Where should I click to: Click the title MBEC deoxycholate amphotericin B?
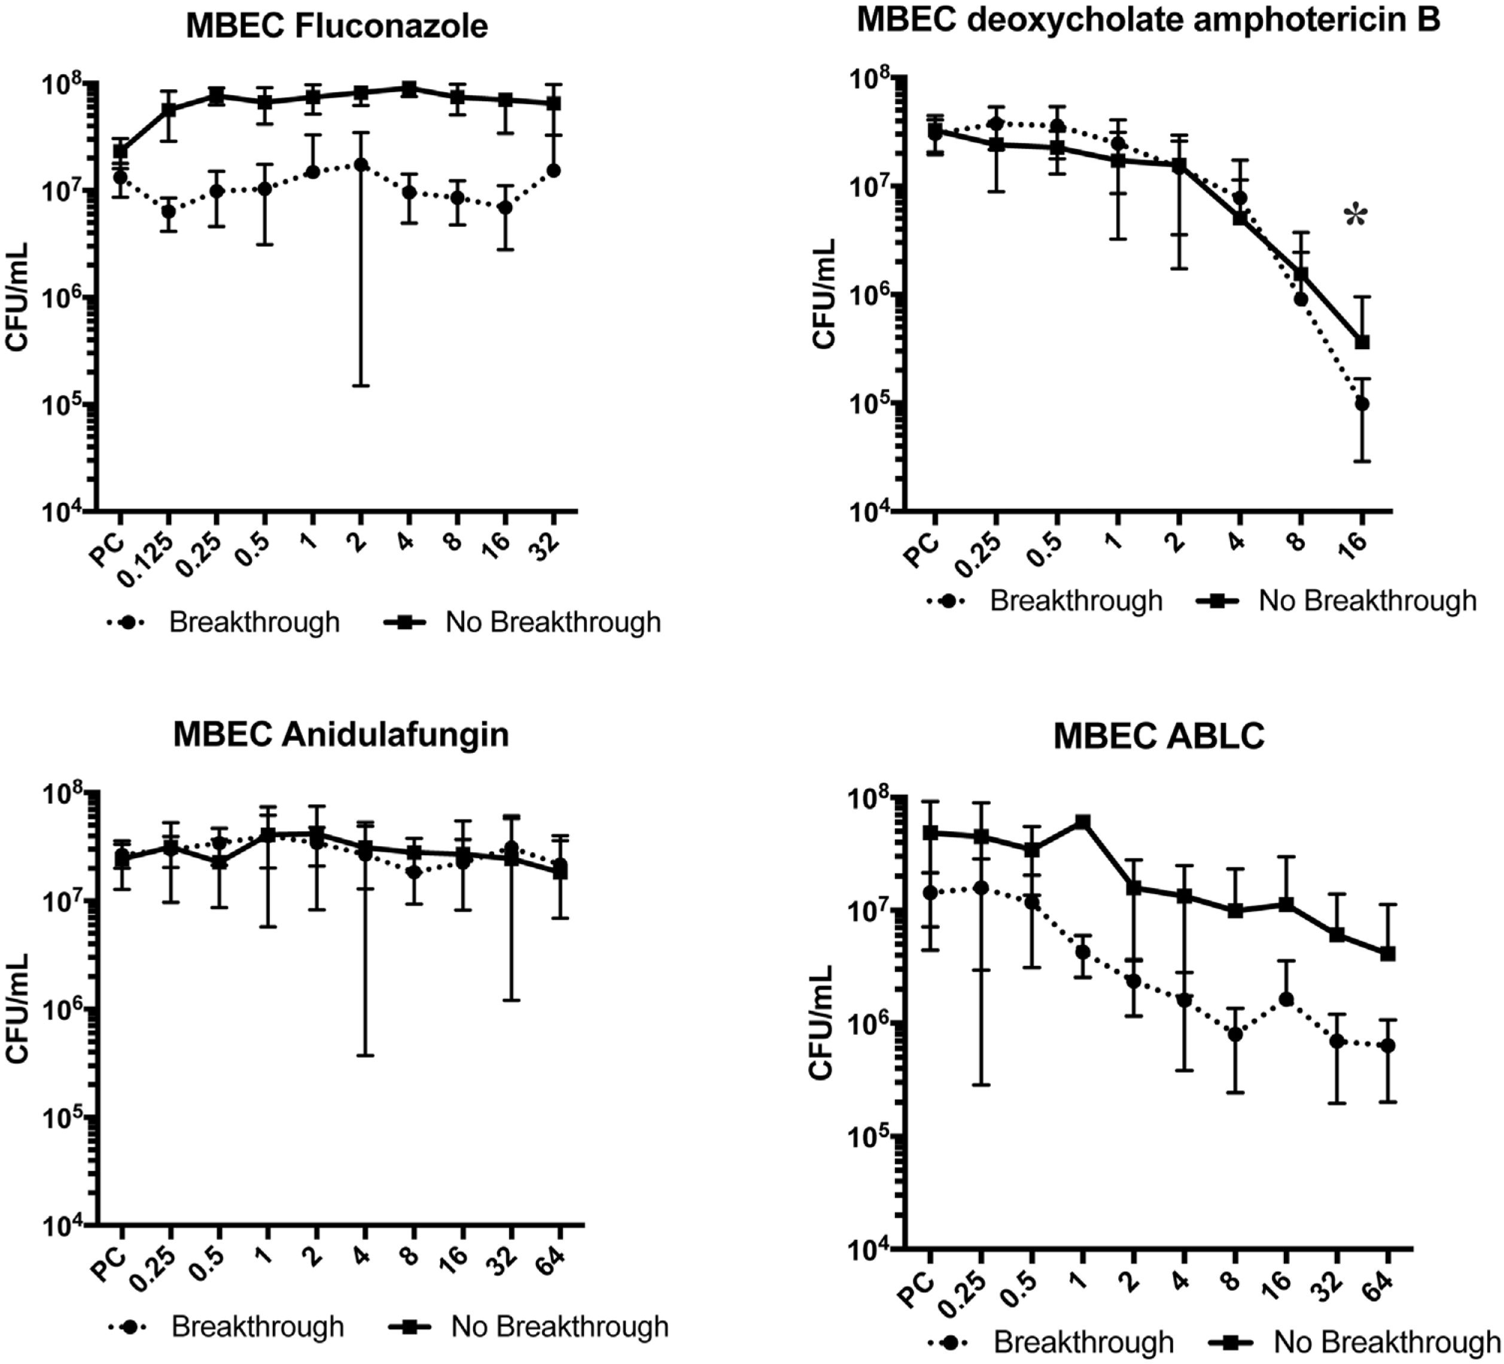(1148, 19)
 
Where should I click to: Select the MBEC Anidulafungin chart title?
(341, 734)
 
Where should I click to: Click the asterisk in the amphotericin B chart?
(1356, 218)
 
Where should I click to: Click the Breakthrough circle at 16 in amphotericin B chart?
(1362, 404)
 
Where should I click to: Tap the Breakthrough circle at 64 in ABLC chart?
(1387, 1045)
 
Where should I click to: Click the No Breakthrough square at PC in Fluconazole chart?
(120, 151)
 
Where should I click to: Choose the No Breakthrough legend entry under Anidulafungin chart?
(529, 1327)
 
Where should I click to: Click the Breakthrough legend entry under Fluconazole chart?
(223, 622)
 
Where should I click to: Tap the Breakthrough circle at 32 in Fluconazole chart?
(553, 171)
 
